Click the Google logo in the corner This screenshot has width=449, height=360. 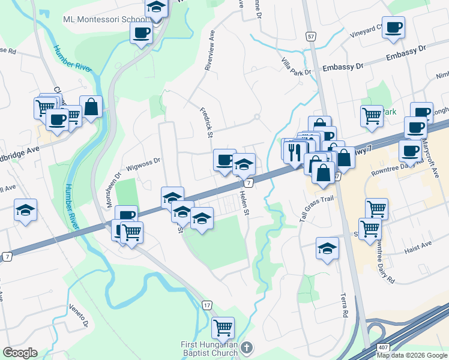(20, 353)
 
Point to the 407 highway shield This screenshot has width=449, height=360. (384, 348)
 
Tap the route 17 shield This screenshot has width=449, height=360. (207, 305)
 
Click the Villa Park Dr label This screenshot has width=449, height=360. (297, 67)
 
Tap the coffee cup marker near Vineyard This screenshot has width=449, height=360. (393, 28)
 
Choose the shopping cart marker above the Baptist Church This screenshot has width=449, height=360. (223, 328)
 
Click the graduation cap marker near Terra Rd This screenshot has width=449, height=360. (327, 248)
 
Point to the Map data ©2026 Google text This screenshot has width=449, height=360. (412, 355)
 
